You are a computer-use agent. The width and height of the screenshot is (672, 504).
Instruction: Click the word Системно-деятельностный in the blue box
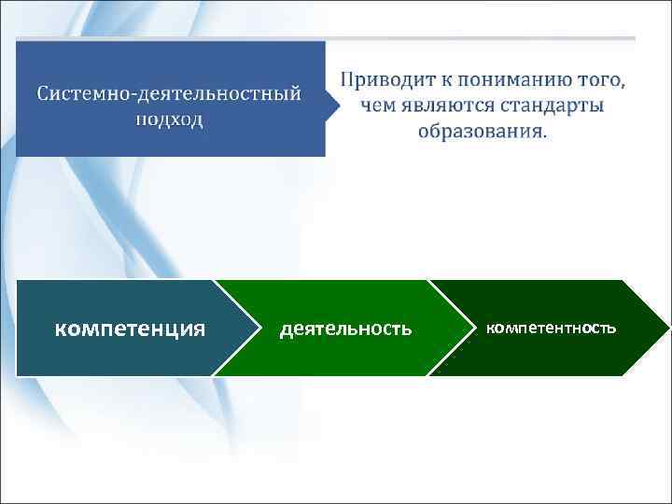tap(169, 94)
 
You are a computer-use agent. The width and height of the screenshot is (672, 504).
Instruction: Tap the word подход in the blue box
tap(169, 120)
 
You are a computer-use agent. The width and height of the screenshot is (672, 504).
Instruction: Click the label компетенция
tap(131, 329)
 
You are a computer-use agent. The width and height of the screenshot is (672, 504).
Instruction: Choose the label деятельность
tap(345, 329)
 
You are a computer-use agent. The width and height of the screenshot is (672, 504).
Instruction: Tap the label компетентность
tap(552, 329)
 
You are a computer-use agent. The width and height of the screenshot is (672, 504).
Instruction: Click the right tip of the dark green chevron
tap(668, 328)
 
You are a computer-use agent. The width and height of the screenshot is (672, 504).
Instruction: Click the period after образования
tap(546, 134)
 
